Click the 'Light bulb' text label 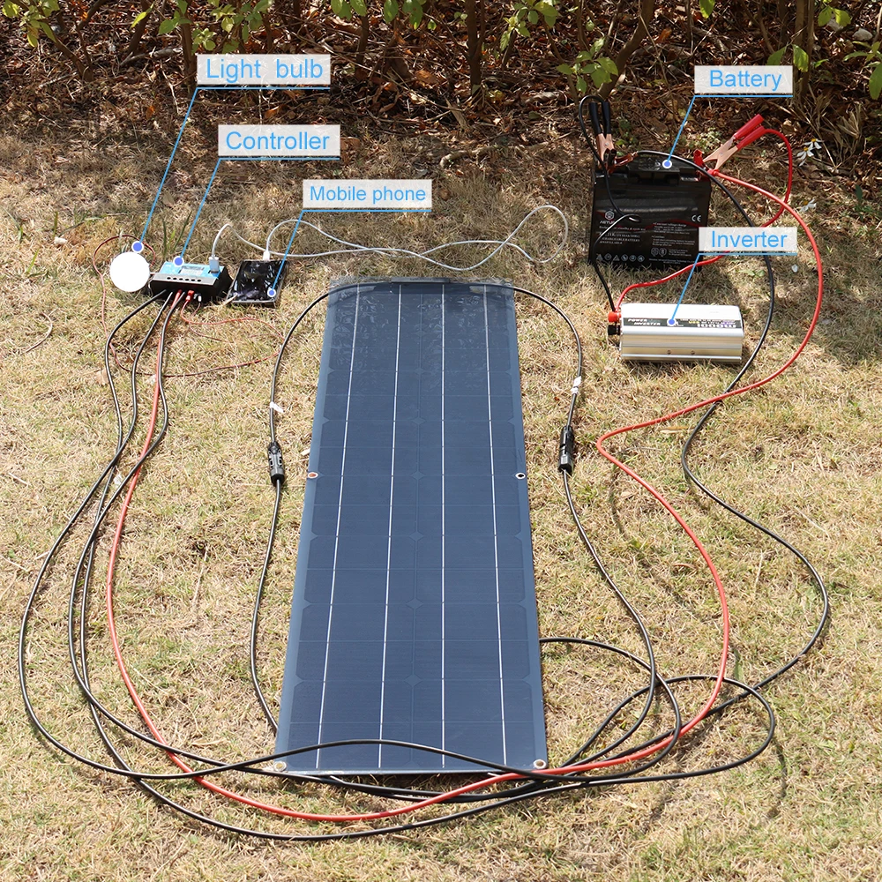pos(262,71)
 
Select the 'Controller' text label pos(277,141)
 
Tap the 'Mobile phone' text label pos(367,194)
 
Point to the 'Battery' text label pos(744,80)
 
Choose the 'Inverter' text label pos(748,240)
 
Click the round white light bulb pos(130,271)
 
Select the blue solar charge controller pos(189,277)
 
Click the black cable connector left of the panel pos(276,462)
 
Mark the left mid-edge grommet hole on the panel pos(312,477)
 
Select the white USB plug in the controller pos(214,262)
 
